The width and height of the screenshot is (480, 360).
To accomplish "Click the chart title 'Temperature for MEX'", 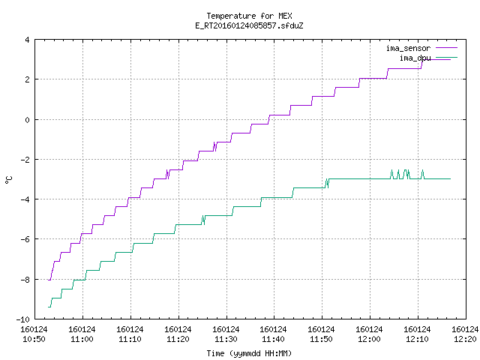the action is click(x=249, y=16).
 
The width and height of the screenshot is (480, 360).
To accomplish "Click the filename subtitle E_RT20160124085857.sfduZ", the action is click(x=249, y=25).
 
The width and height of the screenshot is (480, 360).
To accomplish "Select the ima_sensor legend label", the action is click(x=408, y=48).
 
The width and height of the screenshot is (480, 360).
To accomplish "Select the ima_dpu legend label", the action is click(x=415, y=58).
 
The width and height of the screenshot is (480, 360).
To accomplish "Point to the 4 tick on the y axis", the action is click(x=28, y=40).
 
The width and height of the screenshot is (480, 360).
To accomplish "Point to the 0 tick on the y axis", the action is click(x=28, y=120).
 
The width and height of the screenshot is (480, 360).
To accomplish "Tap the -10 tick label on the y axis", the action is click(x=23, y=319).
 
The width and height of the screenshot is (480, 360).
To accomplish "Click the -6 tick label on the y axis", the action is click(x=25, y=239).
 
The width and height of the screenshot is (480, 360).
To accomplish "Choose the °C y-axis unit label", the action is click(x=8, y=180).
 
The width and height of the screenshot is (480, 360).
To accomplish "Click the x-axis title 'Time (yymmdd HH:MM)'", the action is click(x=249, y=353).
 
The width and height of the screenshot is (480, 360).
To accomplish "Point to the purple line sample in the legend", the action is click(x=447, y=48).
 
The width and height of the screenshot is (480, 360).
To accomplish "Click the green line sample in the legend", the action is click(x=447, y=57).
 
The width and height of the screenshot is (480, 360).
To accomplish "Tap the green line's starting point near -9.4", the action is click(x=48, y=307).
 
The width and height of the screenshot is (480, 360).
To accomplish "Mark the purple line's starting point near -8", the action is click(x=48, y=280).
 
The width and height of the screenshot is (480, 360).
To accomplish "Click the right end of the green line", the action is click(x=450, y=178).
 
